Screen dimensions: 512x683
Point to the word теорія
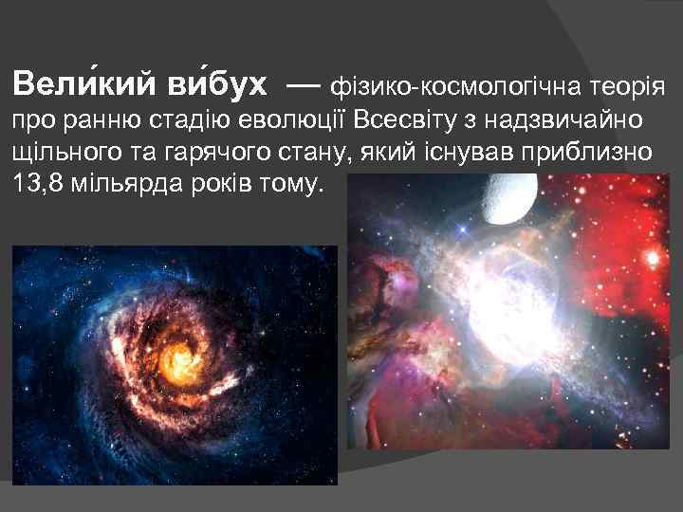[622, 89]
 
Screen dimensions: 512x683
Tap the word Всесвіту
[397, 120]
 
